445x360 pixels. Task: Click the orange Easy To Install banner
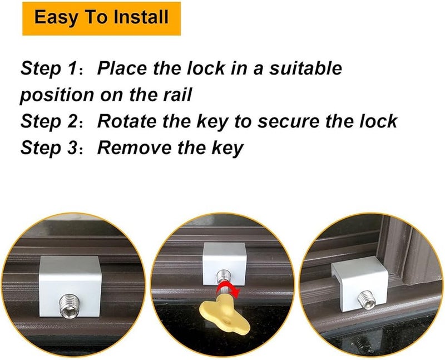pos(102,17)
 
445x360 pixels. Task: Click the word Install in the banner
pos(141,17)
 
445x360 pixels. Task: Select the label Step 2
pos(48,122)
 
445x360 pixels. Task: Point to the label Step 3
pos(48,149)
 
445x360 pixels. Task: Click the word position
pos(57,95)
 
